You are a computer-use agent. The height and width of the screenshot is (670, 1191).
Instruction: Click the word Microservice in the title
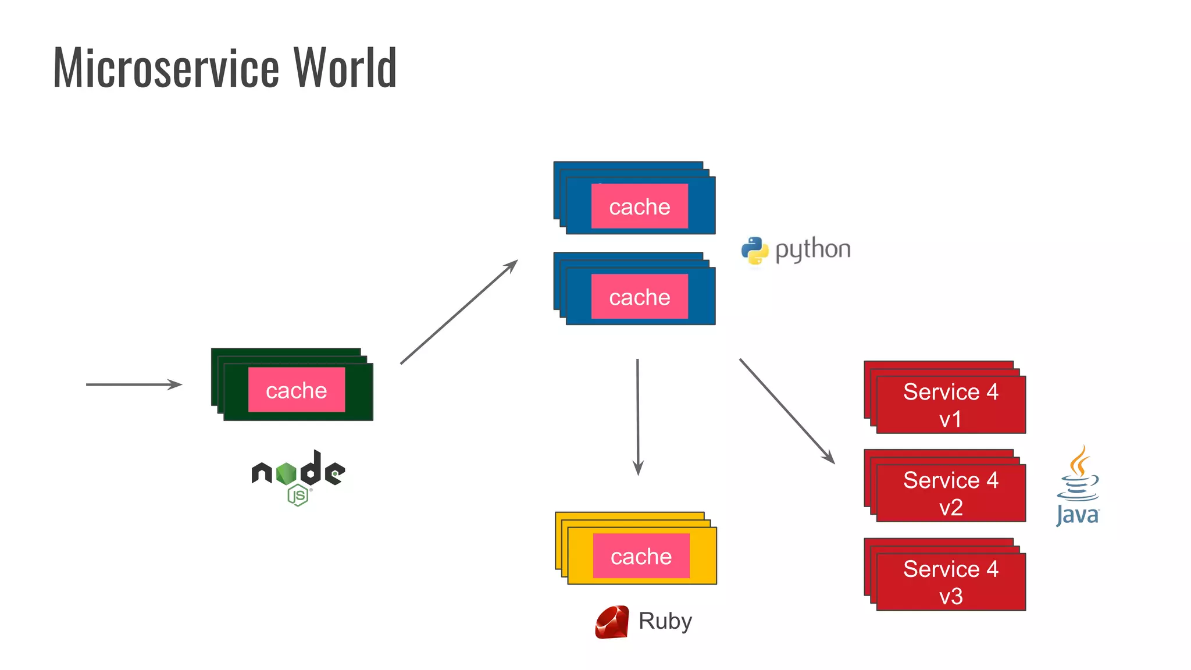[x=166, y=69]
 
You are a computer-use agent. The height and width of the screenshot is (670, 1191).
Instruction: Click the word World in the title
[x=345, y=69]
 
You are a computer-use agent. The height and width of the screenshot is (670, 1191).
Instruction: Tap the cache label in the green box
[x=297, y=390]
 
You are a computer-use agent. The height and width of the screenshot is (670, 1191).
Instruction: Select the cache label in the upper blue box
[x=640, y=206]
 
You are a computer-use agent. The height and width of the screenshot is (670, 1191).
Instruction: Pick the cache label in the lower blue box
[x=640, y=297]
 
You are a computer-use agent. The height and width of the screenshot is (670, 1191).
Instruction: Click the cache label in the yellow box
[x=641, y=557]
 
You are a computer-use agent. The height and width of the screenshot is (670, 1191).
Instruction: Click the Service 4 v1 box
[x=950, y=405]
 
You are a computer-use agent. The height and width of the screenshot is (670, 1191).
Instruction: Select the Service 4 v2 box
[x=950, y=493]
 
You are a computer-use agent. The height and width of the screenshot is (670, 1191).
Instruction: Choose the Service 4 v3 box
[x=950, y=582]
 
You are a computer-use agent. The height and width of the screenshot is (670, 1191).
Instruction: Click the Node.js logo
[x=298, y=471]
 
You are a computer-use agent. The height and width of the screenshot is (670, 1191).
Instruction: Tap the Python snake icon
[x=755, y=251]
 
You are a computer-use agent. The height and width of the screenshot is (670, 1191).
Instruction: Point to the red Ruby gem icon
[x=612, y=622]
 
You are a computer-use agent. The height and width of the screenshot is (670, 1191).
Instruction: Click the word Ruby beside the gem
[x=665, y=621]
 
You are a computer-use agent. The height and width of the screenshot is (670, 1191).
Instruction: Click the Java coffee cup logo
[x=1078, y=486]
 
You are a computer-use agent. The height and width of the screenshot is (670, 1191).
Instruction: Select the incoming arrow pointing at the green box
[x=134, y=384]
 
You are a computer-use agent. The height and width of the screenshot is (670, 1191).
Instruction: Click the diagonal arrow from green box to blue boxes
[x=459, y=312]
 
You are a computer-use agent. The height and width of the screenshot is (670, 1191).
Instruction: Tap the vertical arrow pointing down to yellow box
[x=638, y=416]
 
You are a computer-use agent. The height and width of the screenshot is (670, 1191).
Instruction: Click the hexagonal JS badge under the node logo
[x=298, y=496]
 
